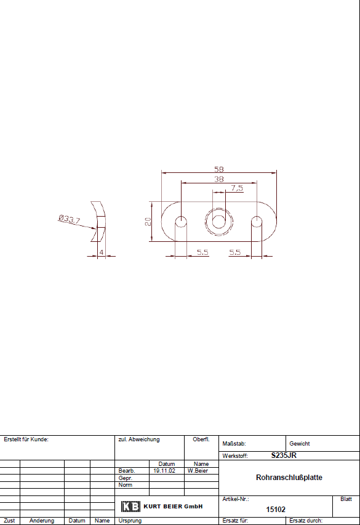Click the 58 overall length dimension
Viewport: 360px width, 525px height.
tap(218, 169)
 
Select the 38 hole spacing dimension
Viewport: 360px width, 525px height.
tap(218, 179)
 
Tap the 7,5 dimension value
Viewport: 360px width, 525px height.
tap(237, 188)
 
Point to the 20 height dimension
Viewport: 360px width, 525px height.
tap(148, 222)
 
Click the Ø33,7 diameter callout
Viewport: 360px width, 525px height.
tap(70, 219)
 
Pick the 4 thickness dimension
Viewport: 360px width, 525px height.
tap(102, 252)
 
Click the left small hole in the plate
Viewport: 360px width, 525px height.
tap(181, 222)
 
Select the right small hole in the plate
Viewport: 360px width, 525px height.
tap(257, 222)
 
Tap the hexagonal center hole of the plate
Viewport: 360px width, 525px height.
tap(218, 222)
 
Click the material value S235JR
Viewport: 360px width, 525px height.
tap(284, 455)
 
